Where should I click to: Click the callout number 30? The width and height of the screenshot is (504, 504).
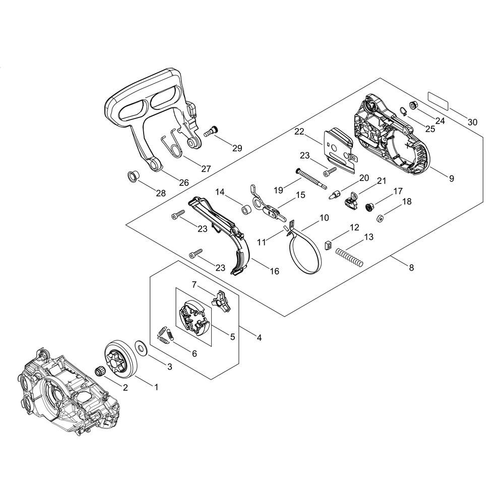pos(472,122)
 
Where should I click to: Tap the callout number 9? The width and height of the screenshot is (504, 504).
pos(451,178)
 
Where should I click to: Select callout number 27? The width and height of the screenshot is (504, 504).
pos(206,169)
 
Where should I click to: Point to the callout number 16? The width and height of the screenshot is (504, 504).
pos(274,271)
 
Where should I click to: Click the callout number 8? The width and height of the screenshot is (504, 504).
pos(411,268)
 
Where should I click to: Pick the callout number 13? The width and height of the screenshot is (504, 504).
pos(368,236)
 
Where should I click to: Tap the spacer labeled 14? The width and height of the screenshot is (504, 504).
pos(246,209)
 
